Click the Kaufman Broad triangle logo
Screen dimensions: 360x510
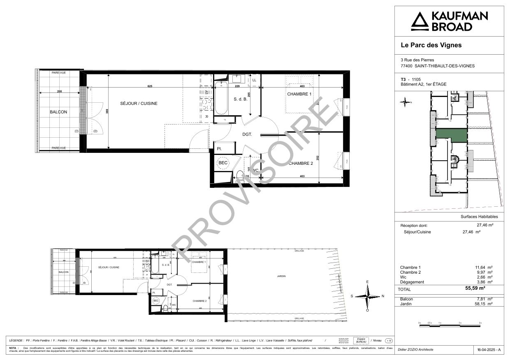coord(419,21)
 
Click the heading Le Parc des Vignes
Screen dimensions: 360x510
coord(431,45)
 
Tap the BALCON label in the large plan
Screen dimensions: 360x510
coord(58,112)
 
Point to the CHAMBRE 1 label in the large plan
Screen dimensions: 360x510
coord(299,95)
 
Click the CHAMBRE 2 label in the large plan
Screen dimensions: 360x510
coord(301,164)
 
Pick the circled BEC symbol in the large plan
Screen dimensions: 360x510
coord(223,163)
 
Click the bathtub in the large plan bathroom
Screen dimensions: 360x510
coord(220,98)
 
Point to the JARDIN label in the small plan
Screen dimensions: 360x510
coord(281,277)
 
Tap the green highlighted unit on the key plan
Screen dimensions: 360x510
coord(451,135)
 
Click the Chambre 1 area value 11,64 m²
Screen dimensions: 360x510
coord(484,268)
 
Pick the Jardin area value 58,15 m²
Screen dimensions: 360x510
coord(484,304)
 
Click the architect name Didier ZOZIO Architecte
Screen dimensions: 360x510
coord(415,350)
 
